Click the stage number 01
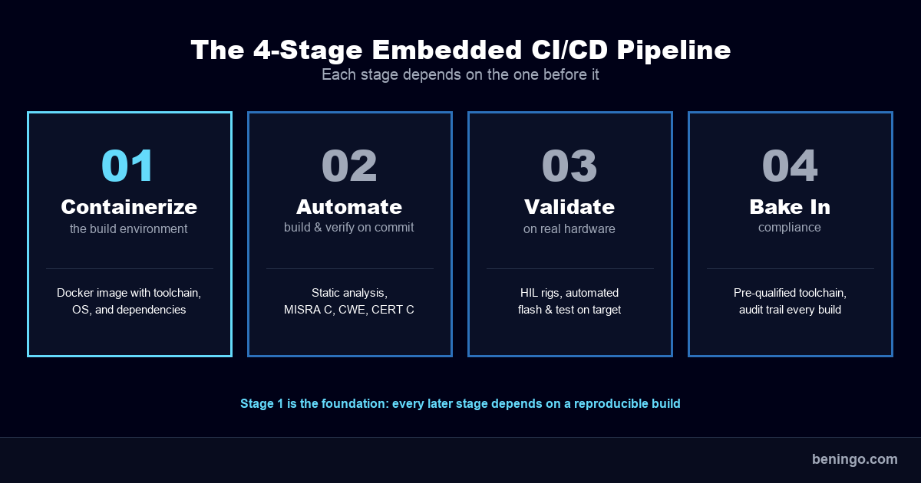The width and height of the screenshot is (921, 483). [x=129, y=166]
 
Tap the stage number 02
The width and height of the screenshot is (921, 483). [x=349, y=166]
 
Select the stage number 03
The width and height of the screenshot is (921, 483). [x=569, y=166]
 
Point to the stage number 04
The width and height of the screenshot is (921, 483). [x=790, y=166]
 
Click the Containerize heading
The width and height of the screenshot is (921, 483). [x=129, y=207]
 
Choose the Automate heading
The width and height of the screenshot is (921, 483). [x=349, y=207]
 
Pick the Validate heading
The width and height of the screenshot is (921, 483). [x=569, y=207]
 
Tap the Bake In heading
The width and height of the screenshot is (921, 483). [x=790, y=207]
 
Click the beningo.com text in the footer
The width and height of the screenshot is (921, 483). [x=854, y=459]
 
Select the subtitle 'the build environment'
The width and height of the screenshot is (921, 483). [x=129, y=228]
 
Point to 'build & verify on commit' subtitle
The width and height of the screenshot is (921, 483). [x=349, y=228]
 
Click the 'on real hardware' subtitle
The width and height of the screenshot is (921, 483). [x=569, y=228]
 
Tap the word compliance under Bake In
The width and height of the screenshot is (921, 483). [x=790, y=228]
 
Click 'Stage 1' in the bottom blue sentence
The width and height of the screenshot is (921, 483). [x=262, y=403]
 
